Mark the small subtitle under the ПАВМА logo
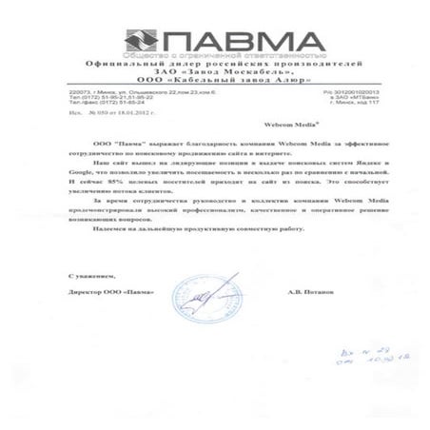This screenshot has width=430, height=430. (215, 56)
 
